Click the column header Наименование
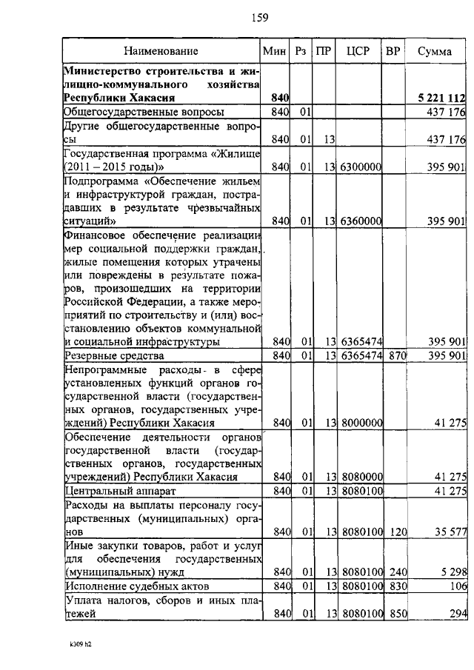pyautogui.click(x=161, y=51)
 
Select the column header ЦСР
pyautogui.click(x=359, y=51)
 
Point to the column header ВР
pyautogui.click(x=394, y=51)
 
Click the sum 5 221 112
pyautogui.click(x=441, y=98)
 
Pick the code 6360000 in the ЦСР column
pyautogui.click(x=361, y=221)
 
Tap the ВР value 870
pyautogui.click(x=398, y=356)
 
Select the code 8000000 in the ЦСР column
pyautogui.click(x=361, y=423)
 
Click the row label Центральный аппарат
pyautogui.click(x=113, y=491)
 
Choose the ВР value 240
pyautogui.click(x=398, y=572)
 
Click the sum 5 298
pyautogui.click(x=452, y=572)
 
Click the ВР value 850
pyautogui.click(x=398, y=614)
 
